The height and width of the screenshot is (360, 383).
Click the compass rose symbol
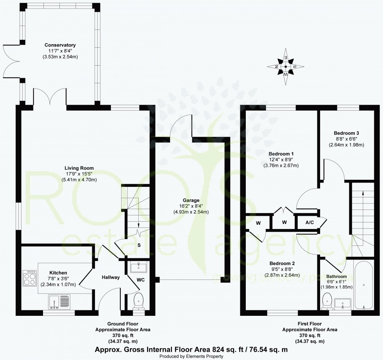click(286, 66)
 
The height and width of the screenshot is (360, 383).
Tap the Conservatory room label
click(60, 45)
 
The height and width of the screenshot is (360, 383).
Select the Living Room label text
click(79, 168)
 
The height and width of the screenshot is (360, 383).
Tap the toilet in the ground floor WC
click(139, 301)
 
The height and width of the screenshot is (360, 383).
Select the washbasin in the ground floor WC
click(138, 268)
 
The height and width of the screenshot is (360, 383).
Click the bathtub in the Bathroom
click(364, 285)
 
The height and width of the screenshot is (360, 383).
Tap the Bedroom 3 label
click(346, 133)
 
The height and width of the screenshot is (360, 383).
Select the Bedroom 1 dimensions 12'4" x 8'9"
click(281, 159)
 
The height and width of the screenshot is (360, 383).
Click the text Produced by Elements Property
click(191, 356)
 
